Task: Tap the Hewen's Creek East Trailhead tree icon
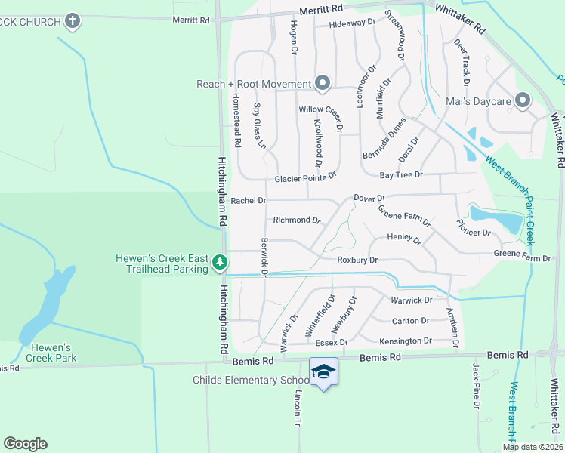pyautogui.click(x=220, y=263)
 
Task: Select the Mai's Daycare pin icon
pyautogui.click(x=522, y=100)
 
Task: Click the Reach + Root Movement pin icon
pyautogui.click(x=323, y=83)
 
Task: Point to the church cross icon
pyautogui.click(x=73, y=20)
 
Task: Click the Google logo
pyautogui.click(x=25, y=444)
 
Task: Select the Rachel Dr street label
pyautogui.click(x=249, y=201)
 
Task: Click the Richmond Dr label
pyautogui.click(x=297, y=220)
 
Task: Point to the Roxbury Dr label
pyautogui.click(x=357, y=260)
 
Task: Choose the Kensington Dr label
pyautogui.click(x=406, y=341)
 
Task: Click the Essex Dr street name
pyautogui.click(x=331, y=342)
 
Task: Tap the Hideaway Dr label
pyautogui.click(x=352, y=23)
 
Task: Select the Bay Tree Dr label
pyautogui.click(x=400, y=174)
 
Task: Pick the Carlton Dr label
pyautogui.click(x=411, y=320)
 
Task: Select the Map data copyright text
pyautogui.click(x=533, y=447)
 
